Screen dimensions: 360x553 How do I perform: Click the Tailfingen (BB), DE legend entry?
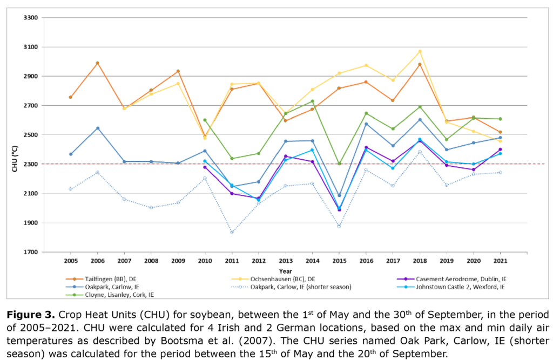(x=106, y=279)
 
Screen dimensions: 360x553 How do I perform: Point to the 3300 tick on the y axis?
(x=31, y=18)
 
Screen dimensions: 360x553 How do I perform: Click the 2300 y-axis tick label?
(x=31, y=164)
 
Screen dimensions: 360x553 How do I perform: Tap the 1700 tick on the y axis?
(x=31, y=252)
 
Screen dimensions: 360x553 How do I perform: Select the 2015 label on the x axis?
(x=339, y=261)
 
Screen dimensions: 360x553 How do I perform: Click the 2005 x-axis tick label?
(x=71, y=261)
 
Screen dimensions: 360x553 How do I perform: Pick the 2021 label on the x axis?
(x=500, y=261)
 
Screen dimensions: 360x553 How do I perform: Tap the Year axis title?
(x=286, y=270)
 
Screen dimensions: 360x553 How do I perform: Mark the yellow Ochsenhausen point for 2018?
(x=420, y=51)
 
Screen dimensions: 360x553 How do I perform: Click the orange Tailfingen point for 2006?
(x=98, y=63)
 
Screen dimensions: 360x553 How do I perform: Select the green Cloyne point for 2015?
(x=339, y=164)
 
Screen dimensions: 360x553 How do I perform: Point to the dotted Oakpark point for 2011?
(x=232, y=233)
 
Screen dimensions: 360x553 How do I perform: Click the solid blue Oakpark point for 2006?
(x=98, y=128)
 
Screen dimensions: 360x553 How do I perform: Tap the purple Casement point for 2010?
(x=205, y=167)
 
